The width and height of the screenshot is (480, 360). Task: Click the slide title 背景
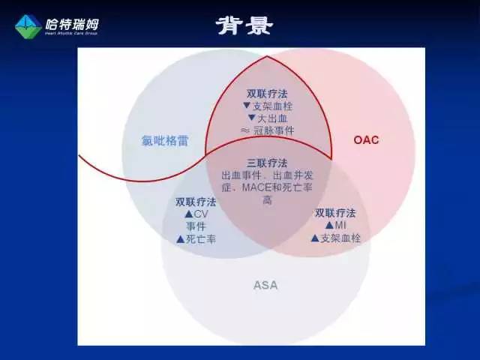pos(245,26)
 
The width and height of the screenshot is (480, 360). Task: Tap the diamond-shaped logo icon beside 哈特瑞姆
pos(28,26)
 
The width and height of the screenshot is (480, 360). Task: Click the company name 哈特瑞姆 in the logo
pos(71,23)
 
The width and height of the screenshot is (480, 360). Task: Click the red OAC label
pos(365,139)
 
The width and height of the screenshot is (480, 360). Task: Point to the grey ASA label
pos(265,284)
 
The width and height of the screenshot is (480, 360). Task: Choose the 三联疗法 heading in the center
pos(267,163)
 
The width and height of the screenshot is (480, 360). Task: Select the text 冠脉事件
pos(274,130)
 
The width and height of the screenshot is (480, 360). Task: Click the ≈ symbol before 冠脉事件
pos(244,130)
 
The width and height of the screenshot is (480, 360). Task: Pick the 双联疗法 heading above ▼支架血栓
pos(267,94)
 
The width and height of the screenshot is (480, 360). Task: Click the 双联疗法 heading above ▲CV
pos(196,202)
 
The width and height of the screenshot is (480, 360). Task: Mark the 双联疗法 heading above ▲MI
pos(335,213)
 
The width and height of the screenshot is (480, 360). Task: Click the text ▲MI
pos(335,225)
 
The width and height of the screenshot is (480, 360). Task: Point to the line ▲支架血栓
pos(335,238)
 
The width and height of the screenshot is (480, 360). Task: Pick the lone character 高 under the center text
pos(267,200)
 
